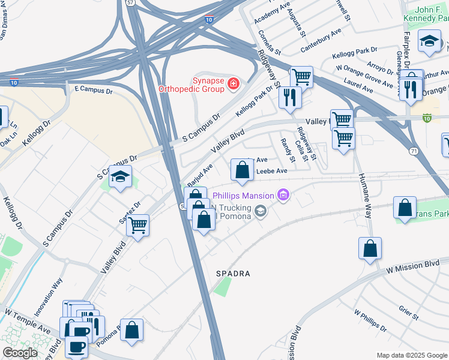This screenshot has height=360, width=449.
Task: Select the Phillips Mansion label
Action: tap(243, 196)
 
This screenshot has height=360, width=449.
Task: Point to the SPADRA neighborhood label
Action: tap(233, 274)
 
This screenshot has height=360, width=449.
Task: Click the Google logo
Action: tap(20, 353)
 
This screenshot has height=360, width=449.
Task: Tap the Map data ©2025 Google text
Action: tap(411, 355)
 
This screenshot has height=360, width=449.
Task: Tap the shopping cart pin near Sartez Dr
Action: tap(138, 226)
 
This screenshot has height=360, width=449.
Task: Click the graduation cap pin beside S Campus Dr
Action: tap(121, 178)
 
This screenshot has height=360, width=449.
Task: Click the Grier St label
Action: tap(408, 311)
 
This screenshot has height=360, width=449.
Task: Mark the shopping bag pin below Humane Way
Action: tap(370, 248)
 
